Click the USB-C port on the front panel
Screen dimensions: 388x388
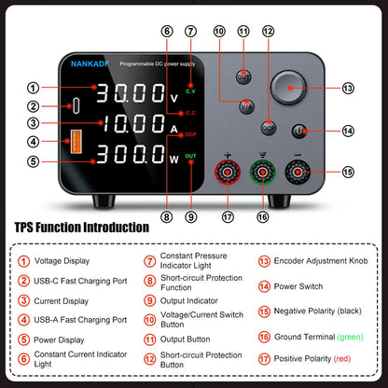74,105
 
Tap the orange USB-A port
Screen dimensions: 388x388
74,142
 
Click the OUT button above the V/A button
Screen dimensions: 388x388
243,76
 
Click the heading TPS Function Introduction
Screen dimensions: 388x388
82,227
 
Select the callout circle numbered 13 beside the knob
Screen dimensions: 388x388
349,89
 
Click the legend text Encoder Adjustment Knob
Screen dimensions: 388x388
316,262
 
